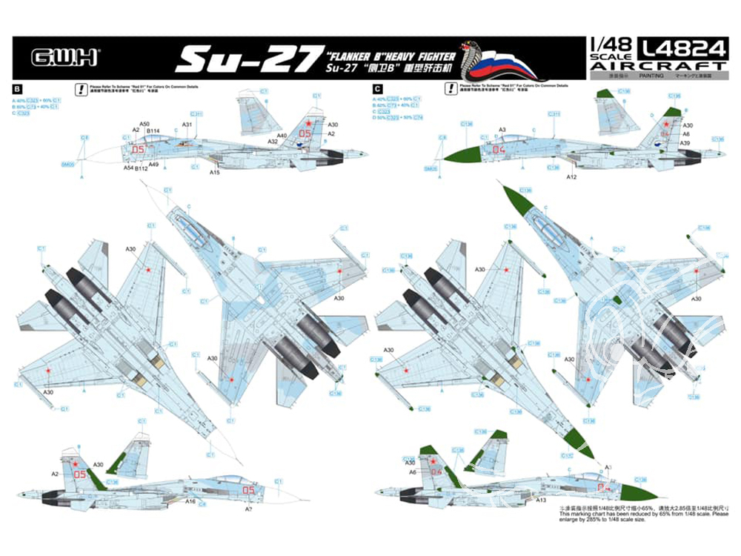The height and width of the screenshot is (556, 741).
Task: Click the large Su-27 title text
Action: [x=245, y=57]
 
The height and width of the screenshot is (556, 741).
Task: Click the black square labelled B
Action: [x=17, y=88]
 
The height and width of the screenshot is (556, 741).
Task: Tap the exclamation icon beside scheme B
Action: [x=79, y=88]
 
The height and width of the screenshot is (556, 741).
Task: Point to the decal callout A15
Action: [x=215, y=173]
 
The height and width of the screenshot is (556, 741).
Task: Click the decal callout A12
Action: [x=571, y=178]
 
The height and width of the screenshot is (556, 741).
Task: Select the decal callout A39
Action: [x=685, y=142]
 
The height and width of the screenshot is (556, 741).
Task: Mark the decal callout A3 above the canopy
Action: [x=502, y=130]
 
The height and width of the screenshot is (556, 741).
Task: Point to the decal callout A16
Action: [x=190, y=501]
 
